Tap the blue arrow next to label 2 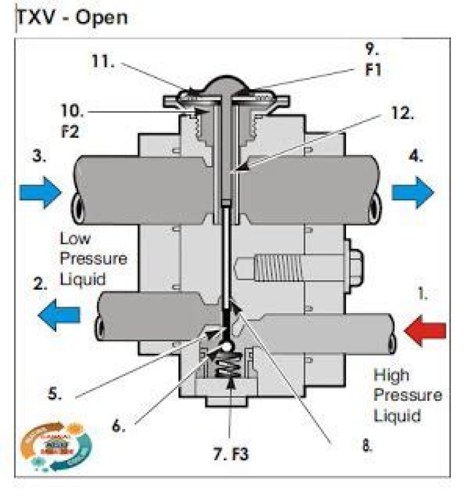59,315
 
